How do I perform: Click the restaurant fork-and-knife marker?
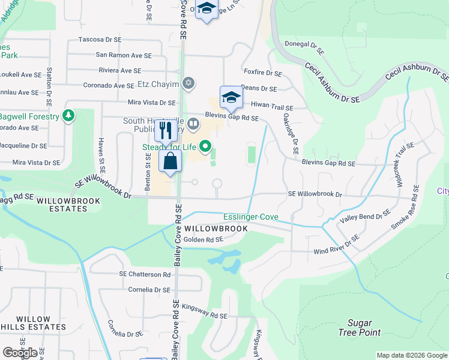click(166, 130)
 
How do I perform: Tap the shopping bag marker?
click(170, 161)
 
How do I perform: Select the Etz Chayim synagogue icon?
click(188, 83)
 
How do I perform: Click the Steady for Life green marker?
click(206, 145)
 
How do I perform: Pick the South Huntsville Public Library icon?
click(193, 125)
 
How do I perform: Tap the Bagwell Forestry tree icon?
click(69, 115)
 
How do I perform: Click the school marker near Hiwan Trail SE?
click(231, 97)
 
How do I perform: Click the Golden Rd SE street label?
click(203, 239)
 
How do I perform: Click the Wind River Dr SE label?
click(336, 245)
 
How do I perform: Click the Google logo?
click(20, 353)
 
